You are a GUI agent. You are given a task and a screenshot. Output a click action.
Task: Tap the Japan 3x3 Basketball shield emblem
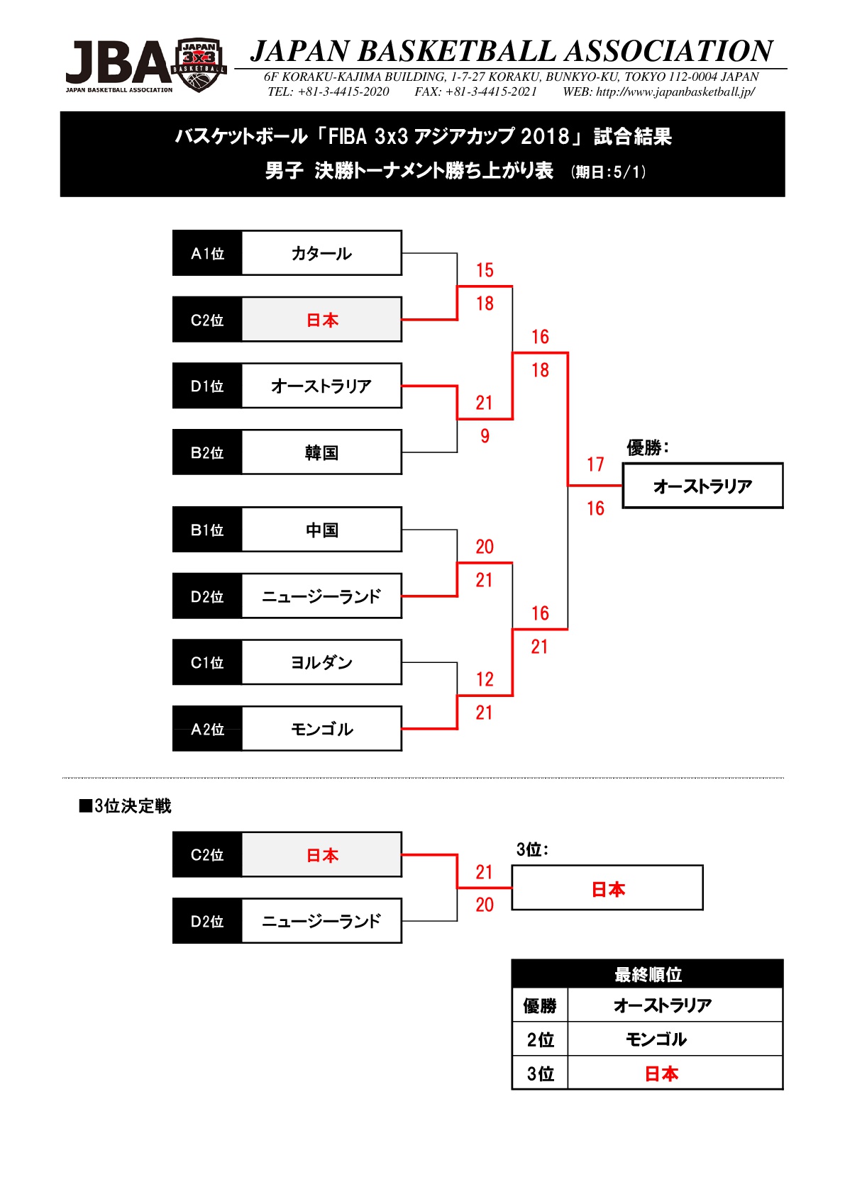click(199, 65)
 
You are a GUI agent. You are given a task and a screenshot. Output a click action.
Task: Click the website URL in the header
click(675, 91)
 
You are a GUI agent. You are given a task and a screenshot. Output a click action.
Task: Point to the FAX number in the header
click(475, 91)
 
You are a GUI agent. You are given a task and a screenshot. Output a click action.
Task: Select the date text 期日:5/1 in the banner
click(608, 172)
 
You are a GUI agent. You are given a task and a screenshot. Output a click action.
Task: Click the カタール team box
click(321, 253)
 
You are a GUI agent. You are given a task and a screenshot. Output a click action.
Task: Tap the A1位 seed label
click(207, 253)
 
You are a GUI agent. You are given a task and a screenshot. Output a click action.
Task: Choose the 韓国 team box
click(321, 452)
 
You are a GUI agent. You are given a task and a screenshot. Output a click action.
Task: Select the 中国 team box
click(321, 530)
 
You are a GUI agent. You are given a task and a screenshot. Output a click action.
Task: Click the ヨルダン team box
click(321, 662)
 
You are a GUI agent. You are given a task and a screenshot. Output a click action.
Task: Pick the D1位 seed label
click(207, 386)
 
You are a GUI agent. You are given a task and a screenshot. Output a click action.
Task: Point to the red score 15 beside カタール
click(485, 270)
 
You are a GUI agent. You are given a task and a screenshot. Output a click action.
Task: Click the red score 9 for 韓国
click(485, 436)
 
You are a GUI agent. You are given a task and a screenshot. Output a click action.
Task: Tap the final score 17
click(595, 464)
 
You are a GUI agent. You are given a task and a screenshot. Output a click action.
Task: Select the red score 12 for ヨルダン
click(485, 679)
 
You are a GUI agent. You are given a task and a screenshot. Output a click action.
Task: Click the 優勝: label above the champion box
click(647, 447)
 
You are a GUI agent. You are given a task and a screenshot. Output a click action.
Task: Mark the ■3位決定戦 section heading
click(125, 806)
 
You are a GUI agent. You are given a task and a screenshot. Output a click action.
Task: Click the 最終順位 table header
click(647, 974)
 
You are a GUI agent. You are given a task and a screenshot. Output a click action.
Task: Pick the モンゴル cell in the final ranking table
click(656, 1039)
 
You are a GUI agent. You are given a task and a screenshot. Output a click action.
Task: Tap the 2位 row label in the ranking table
click(540, 1039)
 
